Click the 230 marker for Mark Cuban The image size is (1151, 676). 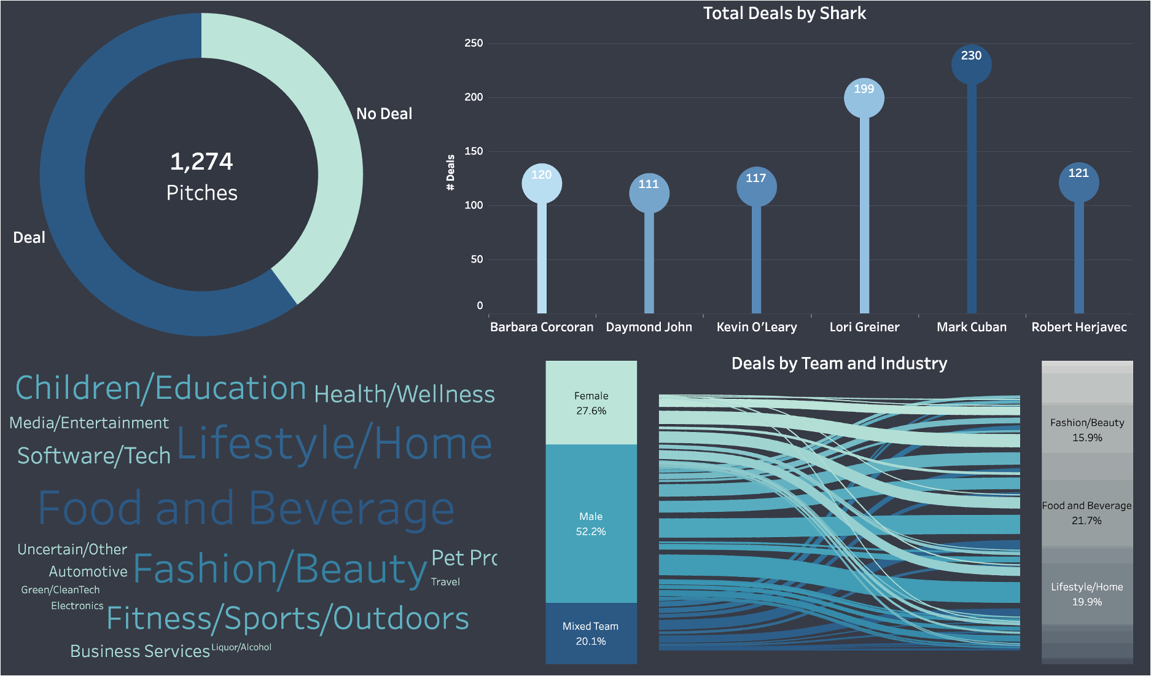[971, 63]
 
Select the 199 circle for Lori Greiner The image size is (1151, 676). [864, 98]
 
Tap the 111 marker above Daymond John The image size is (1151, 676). [649, 193]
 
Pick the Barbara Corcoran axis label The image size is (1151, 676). [541, 327]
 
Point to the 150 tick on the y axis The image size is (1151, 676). [473, 151]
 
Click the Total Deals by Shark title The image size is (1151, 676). [784, 14]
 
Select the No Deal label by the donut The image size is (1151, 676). [384, 114]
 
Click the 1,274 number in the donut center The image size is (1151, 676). [201, 162]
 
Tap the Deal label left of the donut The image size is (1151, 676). [29, 238]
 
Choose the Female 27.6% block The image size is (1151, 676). [591, 403]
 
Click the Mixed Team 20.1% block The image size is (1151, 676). [591, 634]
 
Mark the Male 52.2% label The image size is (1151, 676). [591, 524]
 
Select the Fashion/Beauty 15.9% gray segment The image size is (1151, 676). [1087, 430]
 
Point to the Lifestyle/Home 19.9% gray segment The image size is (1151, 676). [1087, 594]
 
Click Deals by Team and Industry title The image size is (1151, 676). [839, 364]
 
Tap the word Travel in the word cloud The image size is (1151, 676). [445, 582]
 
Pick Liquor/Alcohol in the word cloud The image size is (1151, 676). [241, 647]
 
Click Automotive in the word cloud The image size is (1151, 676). [88, 572]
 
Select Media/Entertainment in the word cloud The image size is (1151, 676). [89, 423]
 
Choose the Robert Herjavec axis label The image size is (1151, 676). [1079, 327]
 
